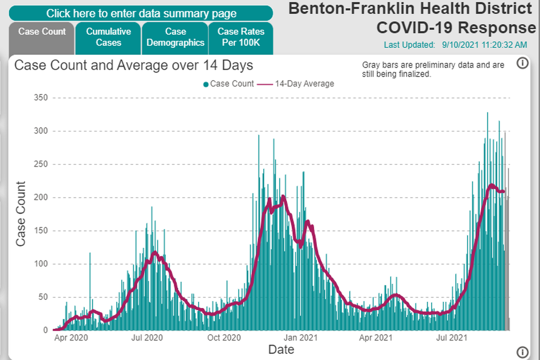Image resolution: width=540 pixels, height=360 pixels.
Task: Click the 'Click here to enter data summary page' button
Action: coord(141,13)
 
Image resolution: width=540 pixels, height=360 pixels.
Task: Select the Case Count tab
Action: coord(42,32)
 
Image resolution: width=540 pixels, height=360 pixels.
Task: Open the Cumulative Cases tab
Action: coord(108,37)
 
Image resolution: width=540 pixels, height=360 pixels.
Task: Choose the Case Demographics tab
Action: coord(175,37)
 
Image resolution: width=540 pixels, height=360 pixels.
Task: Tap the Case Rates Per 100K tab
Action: coord(241,37)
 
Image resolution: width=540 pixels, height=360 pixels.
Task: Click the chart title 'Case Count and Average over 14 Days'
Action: coord(134,65)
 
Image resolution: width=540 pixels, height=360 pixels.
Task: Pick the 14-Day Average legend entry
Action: coord(297,84)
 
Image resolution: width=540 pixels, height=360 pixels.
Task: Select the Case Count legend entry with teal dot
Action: coord(228,84)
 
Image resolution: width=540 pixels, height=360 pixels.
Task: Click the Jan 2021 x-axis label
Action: coord(301,338)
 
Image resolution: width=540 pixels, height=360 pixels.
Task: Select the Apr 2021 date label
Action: coord(376,338)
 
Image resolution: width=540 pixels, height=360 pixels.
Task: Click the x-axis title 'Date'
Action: coord(281,350)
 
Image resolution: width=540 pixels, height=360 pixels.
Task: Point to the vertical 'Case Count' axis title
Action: coord(20,214)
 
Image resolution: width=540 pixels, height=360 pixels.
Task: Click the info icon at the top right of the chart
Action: coord(522,63)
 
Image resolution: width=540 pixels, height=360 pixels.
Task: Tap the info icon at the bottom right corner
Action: coord(522,352)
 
